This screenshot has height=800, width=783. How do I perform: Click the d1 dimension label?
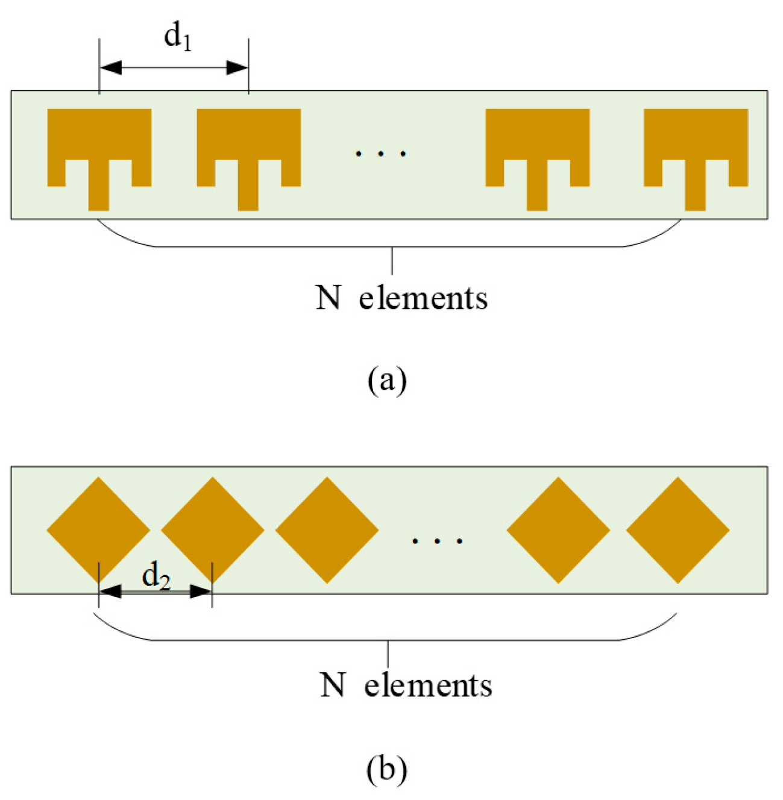[178, 38]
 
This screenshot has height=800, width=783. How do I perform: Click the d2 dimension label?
[156, 577]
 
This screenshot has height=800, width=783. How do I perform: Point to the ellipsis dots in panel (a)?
[380, 154]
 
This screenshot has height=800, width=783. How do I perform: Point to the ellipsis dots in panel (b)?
[437, 541]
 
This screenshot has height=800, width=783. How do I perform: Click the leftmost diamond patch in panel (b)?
[98, 530]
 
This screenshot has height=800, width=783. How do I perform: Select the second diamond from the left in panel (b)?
[213, 530]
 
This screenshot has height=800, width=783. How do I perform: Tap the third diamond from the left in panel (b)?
[327, 530]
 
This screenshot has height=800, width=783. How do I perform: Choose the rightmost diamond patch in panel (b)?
[678, 530]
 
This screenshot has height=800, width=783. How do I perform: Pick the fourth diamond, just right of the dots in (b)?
[558, 530]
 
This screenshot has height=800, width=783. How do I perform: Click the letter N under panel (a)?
[329, 298]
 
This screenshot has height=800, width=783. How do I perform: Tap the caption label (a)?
[387, 381]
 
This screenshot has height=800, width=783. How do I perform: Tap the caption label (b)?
[387, 769]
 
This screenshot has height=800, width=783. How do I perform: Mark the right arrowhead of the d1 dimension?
[237, 67]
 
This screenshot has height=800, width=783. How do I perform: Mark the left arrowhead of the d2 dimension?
[110, 592]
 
